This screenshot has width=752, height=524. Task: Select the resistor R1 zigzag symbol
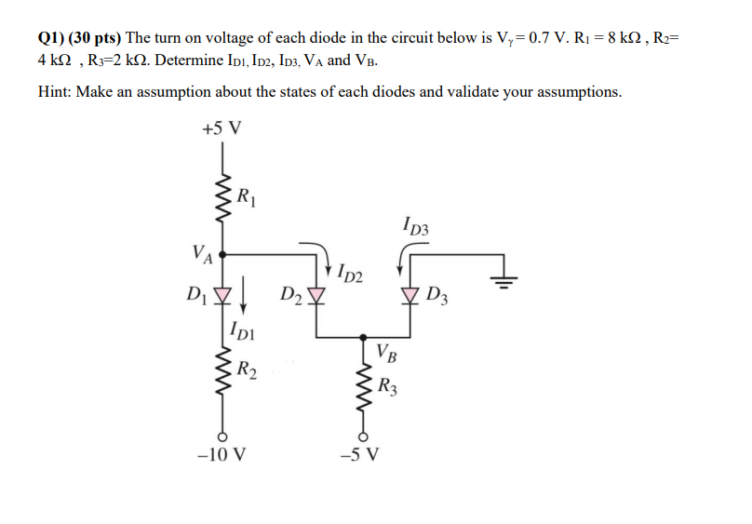222,197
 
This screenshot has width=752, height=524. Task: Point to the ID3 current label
416,224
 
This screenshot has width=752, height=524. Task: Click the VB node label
388,352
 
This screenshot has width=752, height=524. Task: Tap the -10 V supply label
222,455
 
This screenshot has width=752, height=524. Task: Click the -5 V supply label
362,455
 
